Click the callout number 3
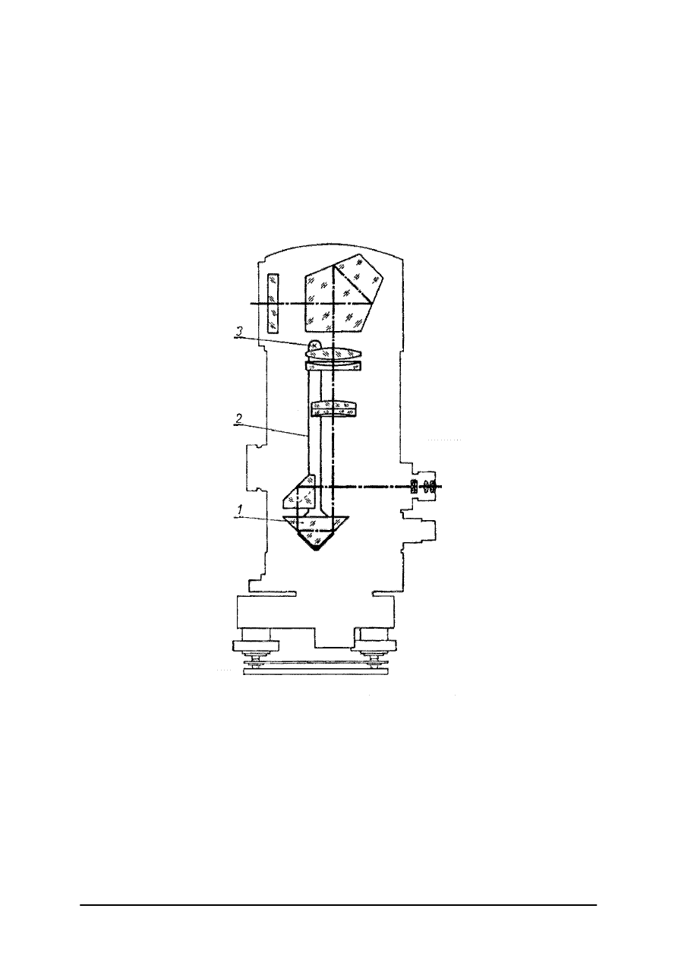pyautogui.click(x=240, y=330)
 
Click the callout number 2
pyautogui.click(x=239, y=418)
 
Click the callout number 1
pyautogui.click(x=241, y=510)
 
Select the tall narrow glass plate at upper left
pyautogui.click(x=273, y=303)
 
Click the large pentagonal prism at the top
pyautogui.click(x=342, y=294)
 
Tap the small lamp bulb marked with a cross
pyautogui.click(x=314, y=345)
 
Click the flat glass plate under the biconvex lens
pyautogui.click(x=333, y=366)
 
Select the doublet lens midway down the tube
pyautogui.click(x=333, y=409)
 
